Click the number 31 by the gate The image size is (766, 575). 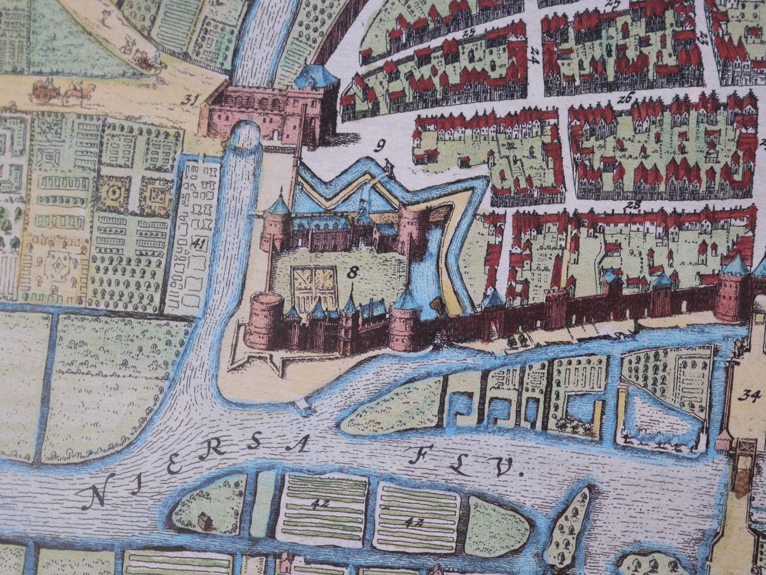tap(189, 100)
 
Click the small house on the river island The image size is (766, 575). tap(202, 519)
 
